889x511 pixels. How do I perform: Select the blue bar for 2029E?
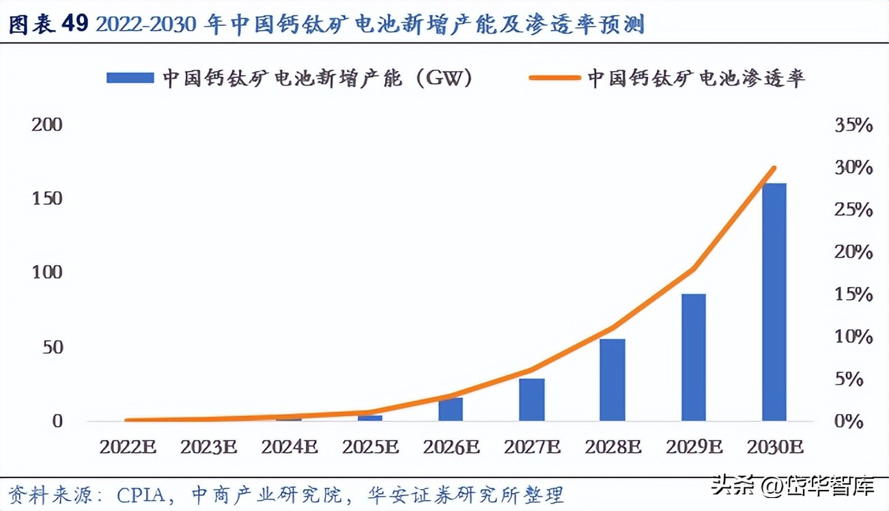694,357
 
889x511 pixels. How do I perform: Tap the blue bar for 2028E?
612,380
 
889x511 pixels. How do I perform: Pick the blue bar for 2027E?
532,400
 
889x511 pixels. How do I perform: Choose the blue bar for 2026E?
451,409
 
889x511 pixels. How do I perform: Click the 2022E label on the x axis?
128,447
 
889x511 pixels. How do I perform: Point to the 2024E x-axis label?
290,447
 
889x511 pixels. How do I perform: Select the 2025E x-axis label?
370,447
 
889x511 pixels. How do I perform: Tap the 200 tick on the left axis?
47,124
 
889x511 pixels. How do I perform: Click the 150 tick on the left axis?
47,199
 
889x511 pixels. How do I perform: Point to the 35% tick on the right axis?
853,126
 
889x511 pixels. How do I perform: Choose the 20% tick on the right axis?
853,253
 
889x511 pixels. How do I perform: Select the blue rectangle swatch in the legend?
130,78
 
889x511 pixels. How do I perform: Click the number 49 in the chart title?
75,24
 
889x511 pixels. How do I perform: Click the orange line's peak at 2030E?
774,167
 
